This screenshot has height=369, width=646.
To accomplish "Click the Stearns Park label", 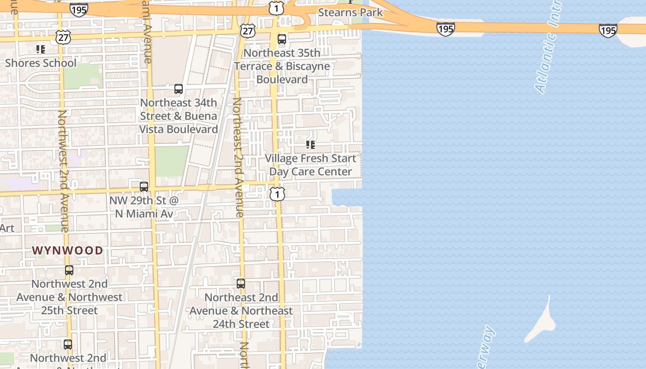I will [x=350, y=12].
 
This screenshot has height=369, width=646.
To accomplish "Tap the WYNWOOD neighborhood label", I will [x=67, y=250].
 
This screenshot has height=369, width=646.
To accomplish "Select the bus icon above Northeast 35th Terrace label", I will [x=282, y=39].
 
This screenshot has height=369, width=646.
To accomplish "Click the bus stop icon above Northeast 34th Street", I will [x=179, y=89].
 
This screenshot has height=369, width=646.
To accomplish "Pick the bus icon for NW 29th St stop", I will [x=144, y=187].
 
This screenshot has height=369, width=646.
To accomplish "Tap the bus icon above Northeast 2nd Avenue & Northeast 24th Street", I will [x=241, y=284].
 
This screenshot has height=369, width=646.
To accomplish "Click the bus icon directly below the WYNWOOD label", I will [x=69, y=270].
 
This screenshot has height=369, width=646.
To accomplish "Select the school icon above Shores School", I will [x=41, y=49].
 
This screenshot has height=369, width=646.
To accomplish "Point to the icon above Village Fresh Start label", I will [x=311, y=145].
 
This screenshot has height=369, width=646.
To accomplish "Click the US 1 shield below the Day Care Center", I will [x=277, y=194].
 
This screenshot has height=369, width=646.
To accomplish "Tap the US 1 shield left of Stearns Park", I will [x=276, y=8].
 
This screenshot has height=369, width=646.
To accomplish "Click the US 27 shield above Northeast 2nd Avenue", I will [x=248, y=30].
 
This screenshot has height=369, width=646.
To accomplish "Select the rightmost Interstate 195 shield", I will [x=608, y=30].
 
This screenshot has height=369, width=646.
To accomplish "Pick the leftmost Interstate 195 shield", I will [x=79, y=9].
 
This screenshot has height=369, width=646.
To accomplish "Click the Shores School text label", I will [x=41, y=63].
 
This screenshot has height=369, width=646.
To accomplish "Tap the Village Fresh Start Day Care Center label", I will [x=311, y=165].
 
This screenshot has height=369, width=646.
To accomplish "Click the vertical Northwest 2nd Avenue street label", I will [x=63, y=171].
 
